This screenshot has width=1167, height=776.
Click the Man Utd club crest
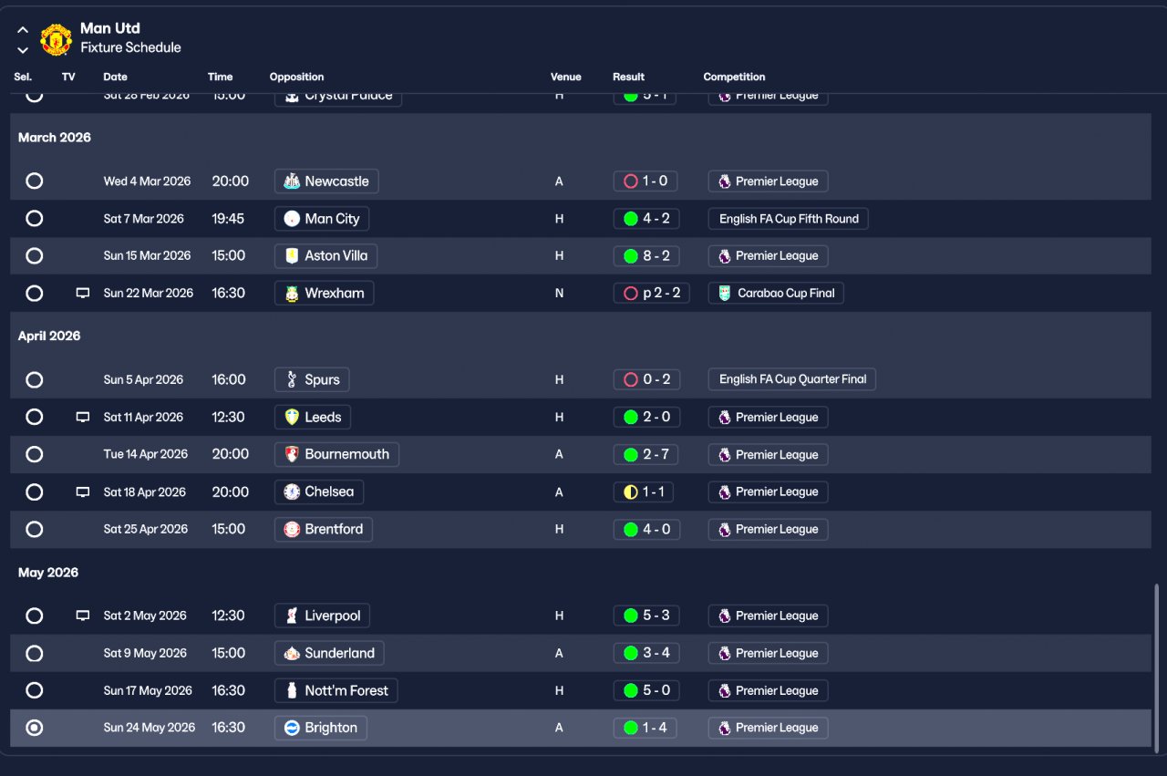(x=57, y=38)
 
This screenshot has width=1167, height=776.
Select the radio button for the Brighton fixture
(x=35, y=728)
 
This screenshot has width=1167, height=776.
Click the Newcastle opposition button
(x=326, y=181)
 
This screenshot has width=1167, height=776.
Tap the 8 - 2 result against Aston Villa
(x=646, y=256)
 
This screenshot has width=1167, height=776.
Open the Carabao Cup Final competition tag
(x=776, y=294)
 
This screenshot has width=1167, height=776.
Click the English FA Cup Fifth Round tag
(x=789, y=219)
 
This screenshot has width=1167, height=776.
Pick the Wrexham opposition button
(x=324, y=294)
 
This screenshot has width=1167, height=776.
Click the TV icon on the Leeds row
(x=83, y=418)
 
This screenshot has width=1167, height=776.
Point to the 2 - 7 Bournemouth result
(x=646, y=454)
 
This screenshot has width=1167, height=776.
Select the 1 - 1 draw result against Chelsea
(x=646, y=492)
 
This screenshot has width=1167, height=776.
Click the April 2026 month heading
(x=49, y=336)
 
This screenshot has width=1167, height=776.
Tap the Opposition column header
(x=296, y=78)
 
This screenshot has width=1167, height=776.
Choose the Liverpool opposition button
(x=322, y=616)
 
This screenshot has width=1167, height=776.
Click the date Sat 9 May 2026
(x=145, y=654)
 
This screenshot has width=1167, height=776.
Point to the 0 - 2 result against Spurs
(x=646, y=379)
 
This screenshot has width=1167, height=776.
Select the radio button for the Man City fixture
(x=35, y=219)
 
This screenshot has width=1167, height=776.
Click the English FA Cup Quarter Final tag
(x=792, y=379)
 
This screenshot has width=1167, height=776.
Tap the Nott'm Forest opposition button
(x=336, y=690)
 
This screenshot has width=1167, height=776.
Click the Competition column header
(x=734, y=78)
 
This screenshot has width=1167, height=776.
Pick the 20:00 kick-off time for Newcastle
(x=231, y=181)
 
